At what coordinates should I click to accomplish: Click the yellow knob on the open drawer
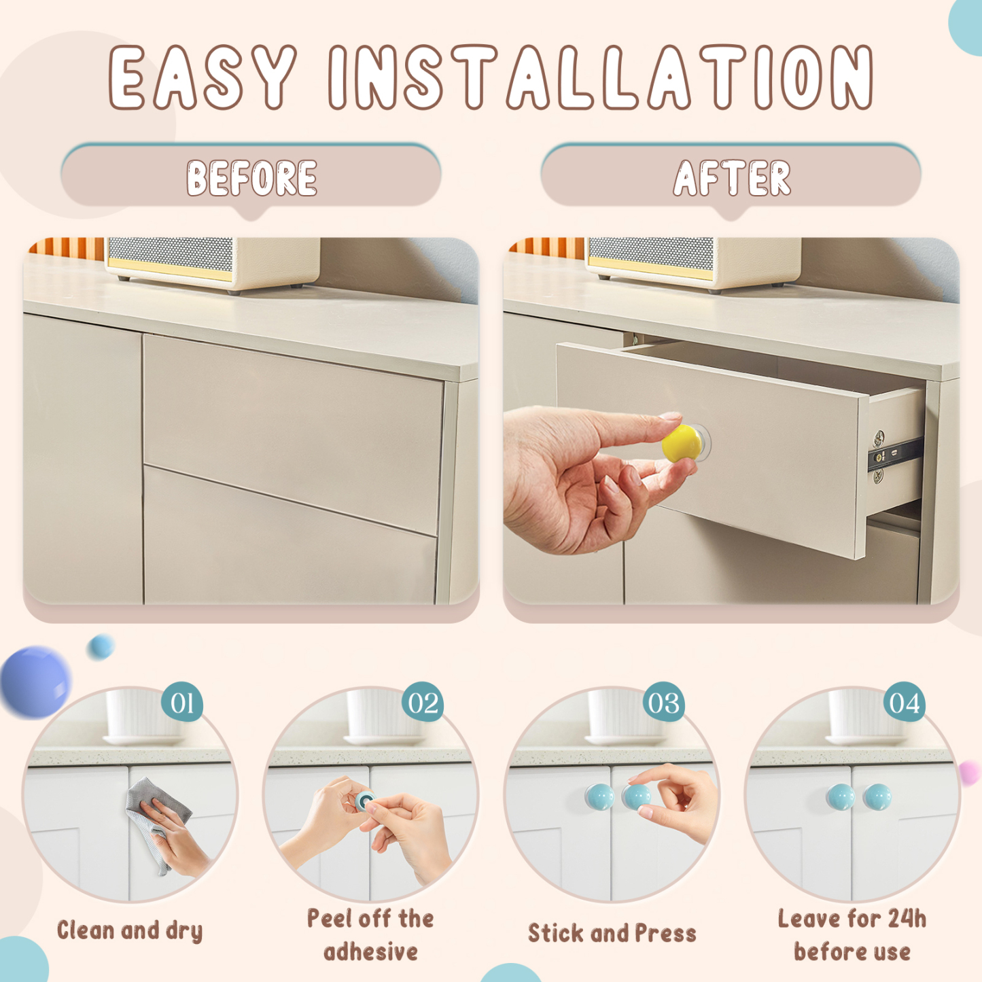coord(682,443)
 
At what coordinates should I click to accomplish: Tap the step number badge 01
coord(182,703)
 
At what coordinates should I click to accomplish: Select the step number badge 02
coord(423,703)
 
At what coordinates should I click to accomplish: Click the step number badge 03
coord(663,703)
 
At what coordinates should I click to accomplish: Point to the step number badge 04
coord(904,703)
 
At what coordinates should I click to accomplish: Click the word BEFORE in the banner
coord(251,179)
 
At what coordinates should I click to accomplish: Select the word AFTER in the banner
coord(732,179)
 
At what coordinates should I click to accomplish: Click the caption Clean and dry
coord(130,930)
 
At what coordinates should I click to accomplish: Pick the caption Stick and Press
coord(612,933)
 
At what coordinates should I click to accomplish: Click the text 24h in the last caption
coord(907,919)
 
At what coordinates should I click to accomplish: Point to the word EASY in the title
coord(203,77)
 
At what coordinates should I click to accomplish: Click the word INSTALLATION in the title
coord(601,77)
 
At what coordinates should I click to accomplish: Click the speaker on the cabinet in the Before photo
coord(212,263)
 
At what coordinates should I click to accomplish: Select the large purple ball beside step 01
coord(35,682)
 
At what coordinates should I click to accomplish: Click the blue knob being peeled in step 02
coord(366,800)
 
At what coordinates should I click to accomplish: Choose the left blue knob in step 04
coord(841,796)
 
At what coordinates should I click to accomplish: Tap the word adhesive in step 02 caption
coord(370,952)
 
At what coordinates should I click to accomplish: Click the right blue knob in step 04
coord(877,796)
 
